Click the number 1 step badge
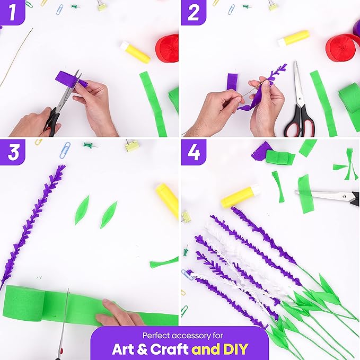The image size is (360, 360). [12, 12]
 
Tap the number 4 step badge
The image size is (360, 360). [194, 152]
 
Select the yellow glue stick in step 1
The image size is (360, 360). [135, 52]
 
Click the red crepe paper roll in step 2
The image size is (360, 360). [342, 48]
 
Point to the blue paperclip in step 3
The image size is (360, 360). [65, 150]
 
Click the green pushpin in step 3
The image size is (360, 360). [90, 145]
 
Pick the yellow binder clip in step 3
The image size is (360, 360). [131, 146]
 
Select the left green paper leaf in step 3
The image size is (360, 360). [82, 210]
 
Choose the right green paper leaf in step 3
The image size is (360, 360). [109, 215]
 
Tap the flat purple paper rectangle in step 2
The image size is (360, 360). [232, 82]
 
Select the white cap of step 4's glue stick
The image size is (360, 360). [256, 189]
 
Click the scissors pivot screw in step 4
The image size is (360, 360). [344, 196]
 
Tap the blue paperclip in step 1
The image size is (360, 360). [60, 10]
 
